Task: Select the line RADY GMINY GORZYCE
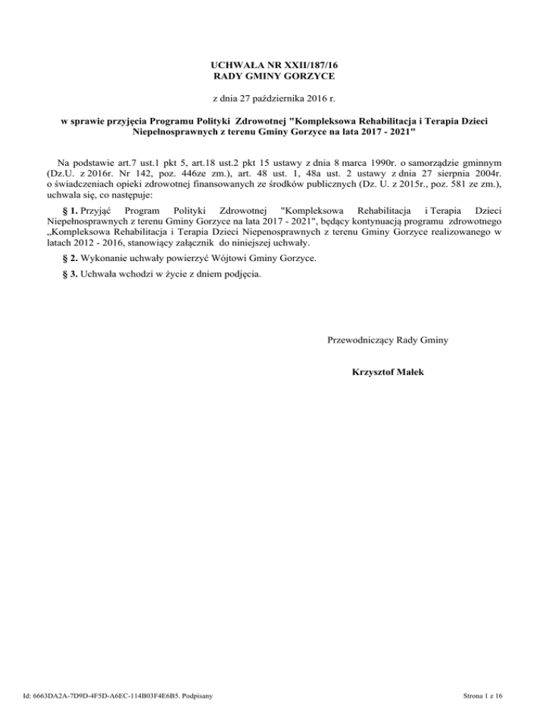point(274,76)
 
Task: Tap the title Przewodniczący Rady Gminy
point(387,340)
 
